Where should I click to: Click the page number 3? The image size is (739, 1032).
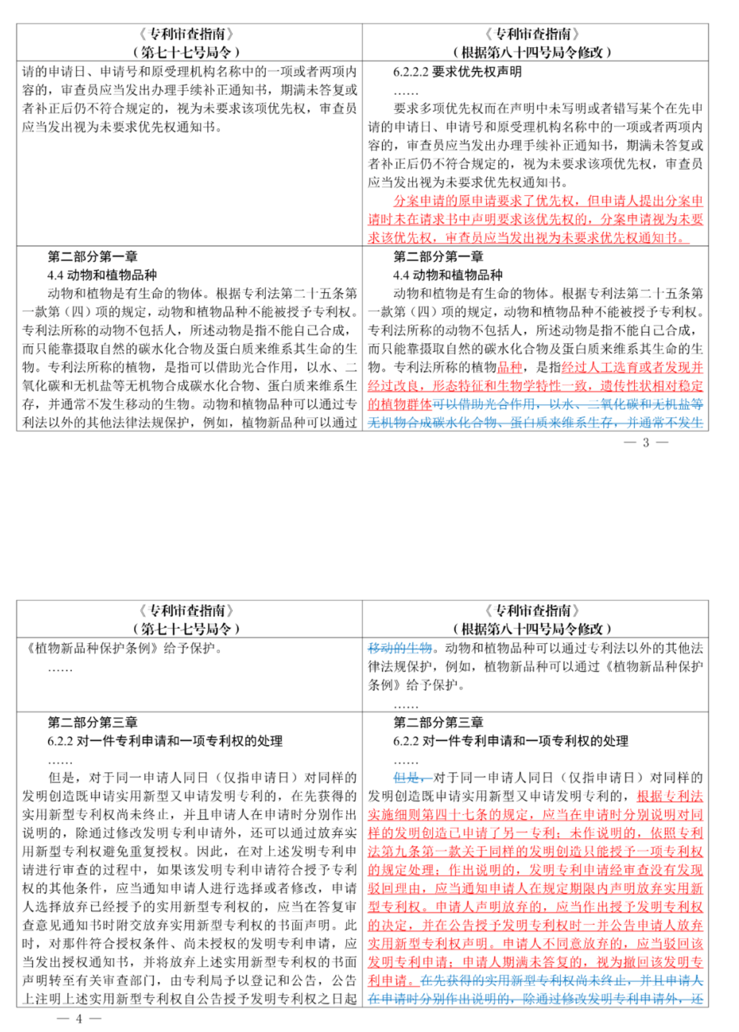646,442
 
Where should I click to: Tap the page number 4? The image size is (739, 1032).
79,1018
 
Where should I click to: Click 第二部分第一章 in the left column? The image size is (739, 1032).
92,256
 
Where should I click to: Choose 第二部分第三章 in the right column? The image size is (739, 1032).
438,722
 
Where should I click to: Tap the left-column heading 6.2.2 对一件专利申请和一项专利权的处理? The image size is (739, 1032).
165,741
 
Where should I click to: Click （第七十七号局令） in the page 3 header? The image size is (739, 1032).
186,52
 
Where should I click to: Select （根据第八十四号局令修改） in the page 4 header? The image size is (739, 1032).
532,628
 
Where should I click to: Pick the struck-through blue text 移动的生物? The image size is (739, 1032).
399,648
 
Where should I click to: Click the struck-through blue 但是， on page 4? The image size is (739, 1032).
412,777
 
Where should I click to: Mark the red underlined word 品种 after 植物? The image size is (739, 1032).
510,367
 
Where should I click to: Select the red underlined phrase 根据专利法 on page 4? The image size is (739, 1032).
670,796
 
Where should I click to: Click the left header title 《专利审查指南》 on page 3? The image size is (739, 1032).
186,34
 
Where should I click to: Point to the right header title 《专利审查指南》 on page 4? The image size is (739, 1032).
532,610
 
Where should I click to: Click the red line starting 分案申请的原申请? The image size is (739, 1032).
548,201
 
